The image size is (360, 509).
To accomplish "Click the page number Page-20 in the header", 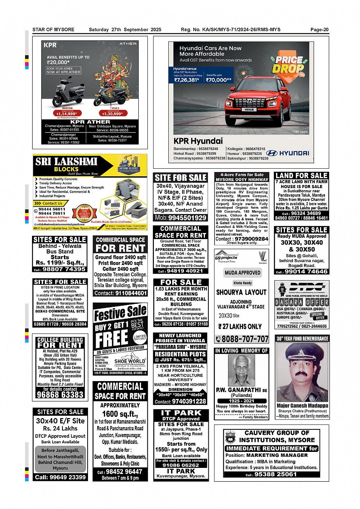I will click(x=319, y=30).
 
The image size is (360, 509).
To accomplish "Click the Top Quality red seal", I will click(x=85, y=212).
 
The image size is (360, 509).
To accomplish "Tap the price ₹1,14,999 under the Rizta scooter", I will click(x=67, y=113).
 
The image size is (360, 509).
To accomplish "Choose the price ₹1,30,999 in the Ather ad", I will click(x=112, y=113).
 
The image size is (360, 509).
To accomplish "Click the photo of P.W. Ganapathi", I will click(x=242, y=370).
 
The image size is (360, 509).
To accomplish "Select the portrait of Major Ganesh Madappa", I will click(x=302, y=372).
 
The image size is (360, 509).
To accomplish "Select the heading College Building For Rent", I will click(x=60, y=342).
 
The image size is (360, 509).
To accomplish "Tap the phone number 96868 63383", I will click(x=60, y=395).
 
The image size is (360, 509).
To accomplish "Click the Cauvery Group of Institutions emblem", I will click(x=230, y=437).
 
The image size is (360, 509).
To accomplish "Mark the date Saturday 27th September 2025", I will click(x=125, y=30).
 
